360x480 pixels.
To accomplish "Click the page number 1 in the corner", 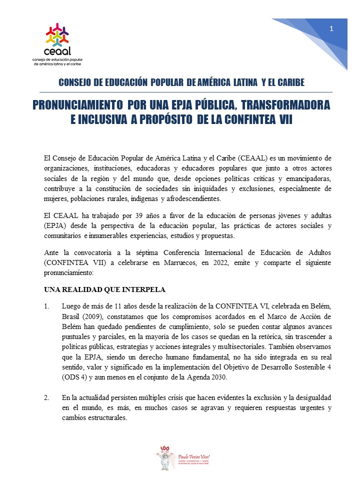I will point(331,29).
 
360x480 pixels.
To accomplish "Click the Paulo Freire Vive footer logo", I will point(180,456).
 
